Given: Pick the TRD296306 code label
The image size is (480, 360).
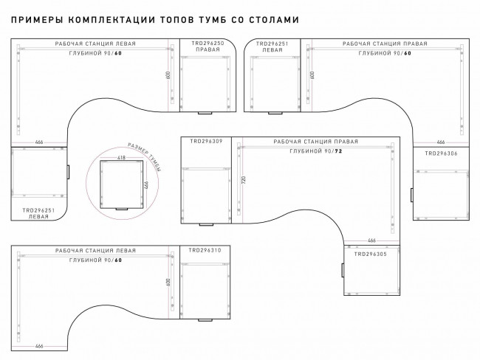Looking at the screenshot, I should tap(441, 153).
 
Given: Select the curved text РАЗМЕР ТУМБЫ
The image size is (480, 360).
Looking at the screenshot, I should tap(146, 156).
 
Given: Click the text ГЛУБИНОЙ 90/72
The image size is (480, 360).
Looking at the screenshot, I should tap(315, 150).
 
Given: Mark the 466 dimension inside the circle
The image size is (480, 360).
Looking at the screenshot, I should tap(146, 184).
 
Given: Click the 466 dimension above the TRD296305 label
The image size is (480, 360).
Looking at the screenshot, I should tap(371, 240).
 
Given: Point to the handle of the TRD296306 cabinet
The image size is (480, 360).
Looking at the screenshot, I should tap(411, 195).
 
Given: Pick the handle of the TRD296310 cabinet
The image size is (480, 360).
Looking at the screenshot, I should tap(206, 320).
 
